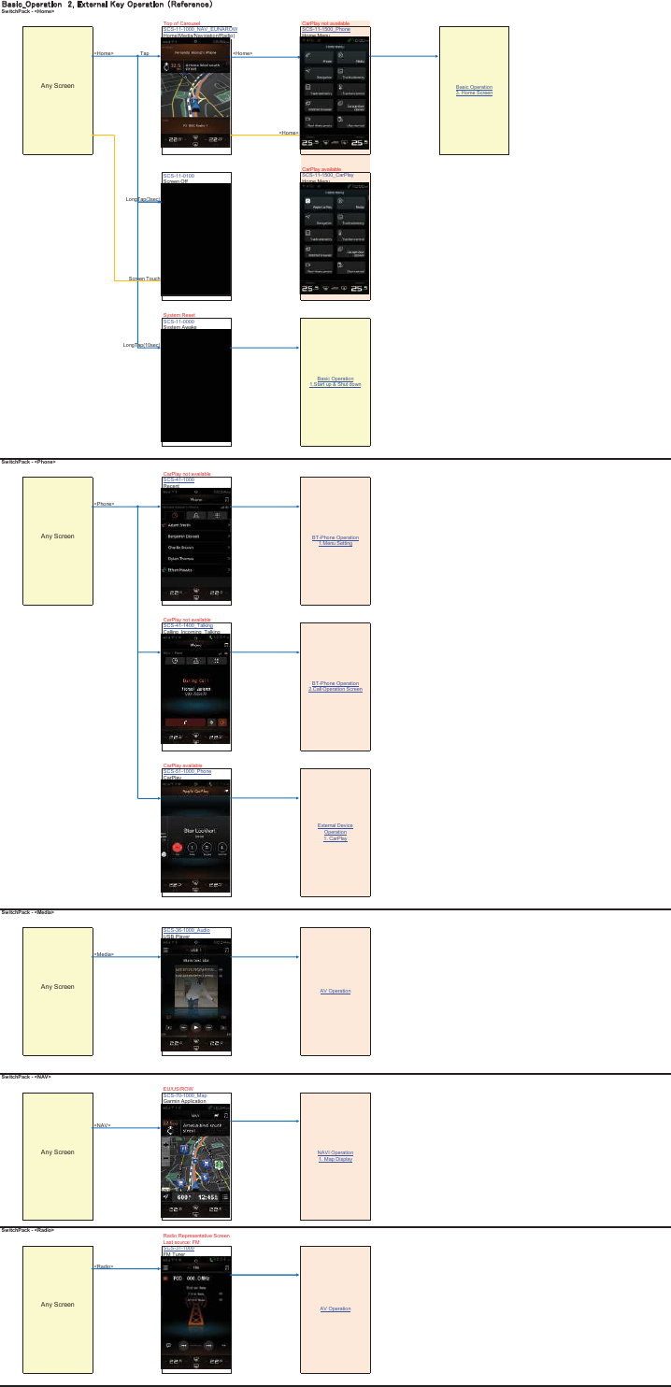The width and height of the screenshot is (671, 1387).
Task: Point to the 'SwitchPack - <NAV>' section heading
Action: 26,1077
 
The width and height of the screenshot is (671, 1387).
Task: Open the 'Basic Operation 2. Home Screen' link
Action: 474,90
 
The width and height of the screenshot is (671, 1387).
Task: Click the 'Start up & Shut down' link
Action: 335,384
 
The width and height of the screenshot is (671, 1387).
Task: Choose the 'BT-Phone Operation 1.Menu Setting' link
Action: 335,540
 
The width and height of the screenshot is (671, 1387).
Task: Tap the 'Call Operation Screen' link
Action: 335,689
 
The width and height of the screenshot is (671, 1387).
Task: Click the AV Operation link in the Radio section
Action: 335,1308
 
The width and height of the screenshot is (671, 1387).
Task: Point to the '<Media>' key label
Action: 104,954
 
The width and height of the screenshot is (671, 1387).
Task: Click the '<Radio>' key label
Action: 103,1266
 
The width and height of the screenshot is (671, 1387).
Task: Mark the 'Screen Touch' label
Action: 144,279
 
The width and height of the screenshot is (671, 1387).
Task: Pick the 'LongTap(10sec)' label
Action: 142,345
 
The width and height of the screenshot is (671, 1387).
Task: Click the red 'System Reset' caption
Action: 178,315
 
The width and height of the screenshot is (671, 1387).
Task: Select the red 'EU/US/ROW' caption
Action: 178,1089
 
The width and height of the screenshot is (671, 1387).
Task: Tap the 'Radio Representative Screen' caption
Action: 195,1236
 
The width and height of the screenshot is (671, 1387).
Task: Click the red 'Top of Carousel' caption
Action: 181,23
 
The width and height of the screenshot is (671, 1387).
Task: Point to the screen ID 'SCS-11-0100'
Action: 178,175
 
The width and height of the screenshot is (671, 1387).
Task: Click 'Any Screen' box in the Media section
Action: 57,986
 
